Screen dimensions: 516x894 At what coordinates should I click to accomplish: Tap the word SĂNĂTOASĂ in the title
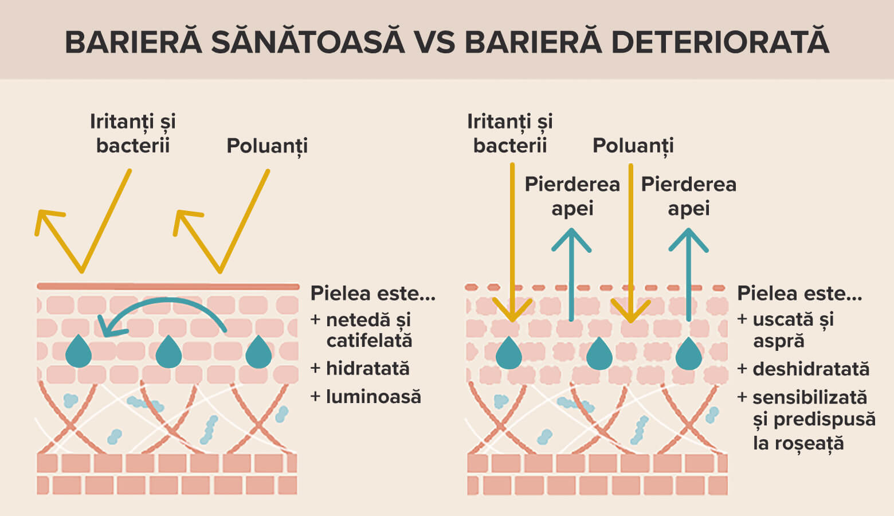(308, 43)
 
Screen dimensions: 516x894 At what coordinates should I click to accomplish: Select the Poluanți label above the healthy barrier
(267, 146)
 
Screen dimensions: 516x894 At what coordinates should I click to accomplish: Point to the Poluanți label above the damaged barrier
(633, 146)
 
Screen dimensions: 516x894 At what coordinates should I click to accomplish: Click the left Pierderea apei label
(572, 196)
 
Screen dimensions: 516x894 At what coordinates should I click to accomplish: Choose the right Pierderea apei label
(688, 196)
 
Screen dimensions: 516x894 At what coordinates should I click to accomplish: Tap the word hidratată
(367, 368)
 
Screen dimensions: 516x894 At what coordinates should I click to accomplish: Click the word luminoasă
(373, 396)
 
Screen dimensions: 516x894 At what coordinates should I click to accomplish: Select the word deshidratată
(811, 369)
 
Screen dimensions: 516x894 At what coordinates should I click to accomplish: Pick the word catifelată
(369, 341)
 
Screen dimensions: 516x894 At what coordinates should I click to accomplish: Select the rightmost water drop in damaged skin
(689, 353)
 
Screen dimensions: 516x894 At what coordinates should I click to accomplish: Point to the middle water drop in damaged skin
(599, 353)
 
